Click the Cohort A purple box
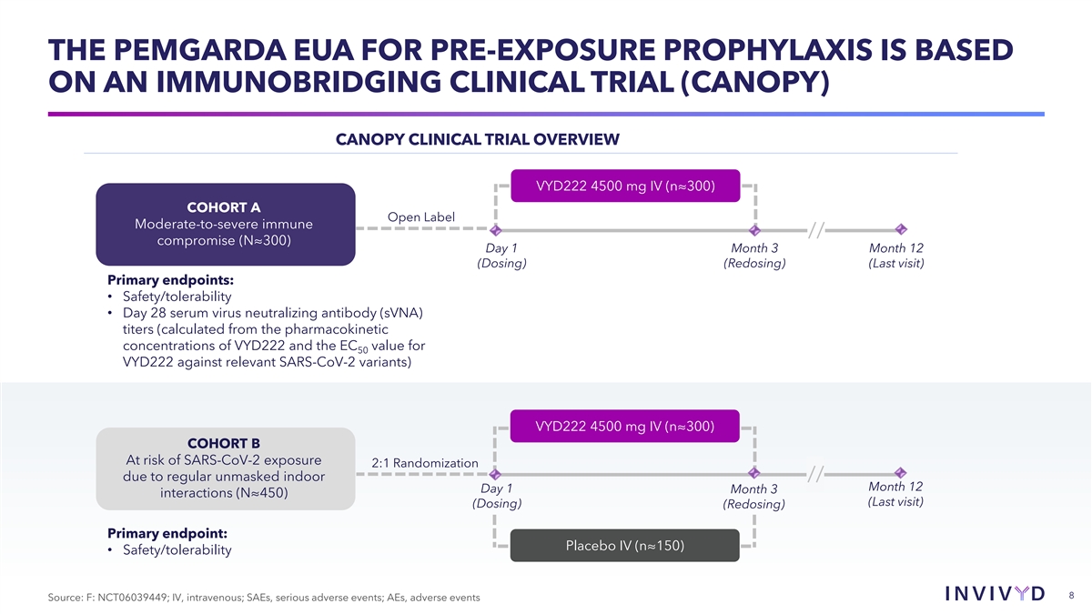[x=225, y=224]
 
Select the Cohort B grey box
[x=225, y=468]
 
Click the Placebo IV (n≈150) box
[x=624, y=546]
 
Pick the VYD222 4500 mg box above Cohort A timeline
[x=624, y=186]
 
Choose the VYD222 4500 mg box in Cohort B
[x=624, y=426]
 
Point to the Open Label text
[x=420, y=216]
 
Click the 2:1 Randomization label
[x=425, y=464]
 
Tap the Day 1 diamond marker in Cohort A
[x=496, y=230]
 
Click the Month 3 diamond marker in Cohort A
[x=754, y=230]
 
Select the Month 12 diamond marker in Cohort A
[x=900, y=229]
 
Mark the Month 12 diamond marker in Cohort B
[x=900, y=472]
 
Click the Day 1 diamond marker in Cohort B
[x=496, y=474]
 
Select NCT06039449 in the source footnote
[x=132, y=597]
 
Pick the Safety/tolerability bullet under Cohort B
[x=175, y=550]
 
